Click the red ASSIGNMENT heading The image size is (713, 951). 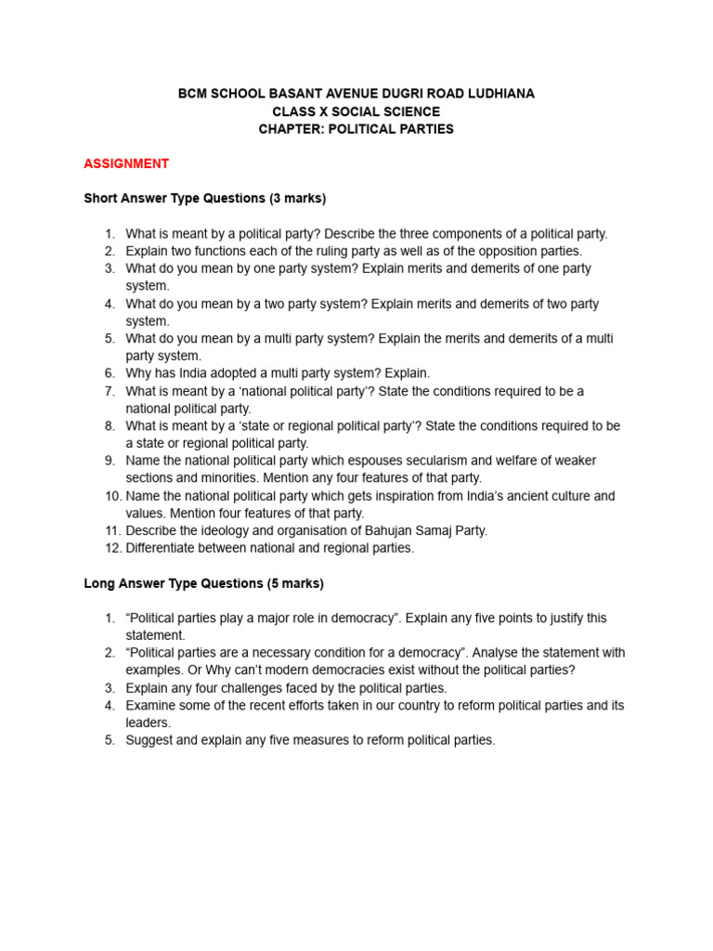click(x=126, y=163)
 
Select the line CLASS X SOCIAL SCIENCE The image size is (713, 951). click(x=356, y=111)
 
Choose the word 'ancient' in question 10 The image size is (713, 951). click(x=487, y=496)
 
